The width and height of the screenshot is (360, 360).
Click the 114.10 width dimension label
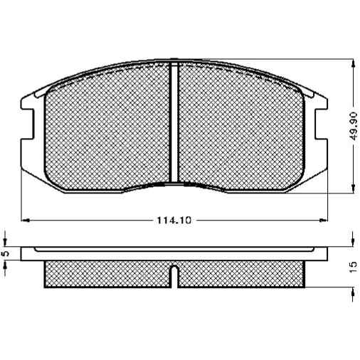tap(174, 221)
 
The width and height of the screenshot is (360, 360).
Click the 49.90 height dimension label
tap(354, 126)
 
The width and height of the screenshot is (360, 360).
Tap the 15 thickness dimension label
tap(354, 268)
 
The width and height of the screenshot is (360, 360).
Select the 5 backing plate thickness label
tap(6, 253)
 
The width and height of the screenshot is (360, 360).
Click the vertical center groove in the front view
tap(174, 122)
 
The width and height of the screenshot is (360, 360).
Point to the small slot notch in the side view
tap(174, 276)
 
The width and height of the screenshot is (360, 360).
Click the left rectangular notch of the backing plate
tap(28, 124)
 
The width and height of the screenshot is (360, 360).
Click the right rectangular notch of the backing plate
tap(321, 124)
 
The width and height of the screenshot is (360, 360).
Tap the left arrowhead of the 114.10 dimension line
tap(26, 221)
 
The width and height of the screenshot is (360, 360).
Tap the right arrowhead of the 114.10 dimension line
tap(323, 221)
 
